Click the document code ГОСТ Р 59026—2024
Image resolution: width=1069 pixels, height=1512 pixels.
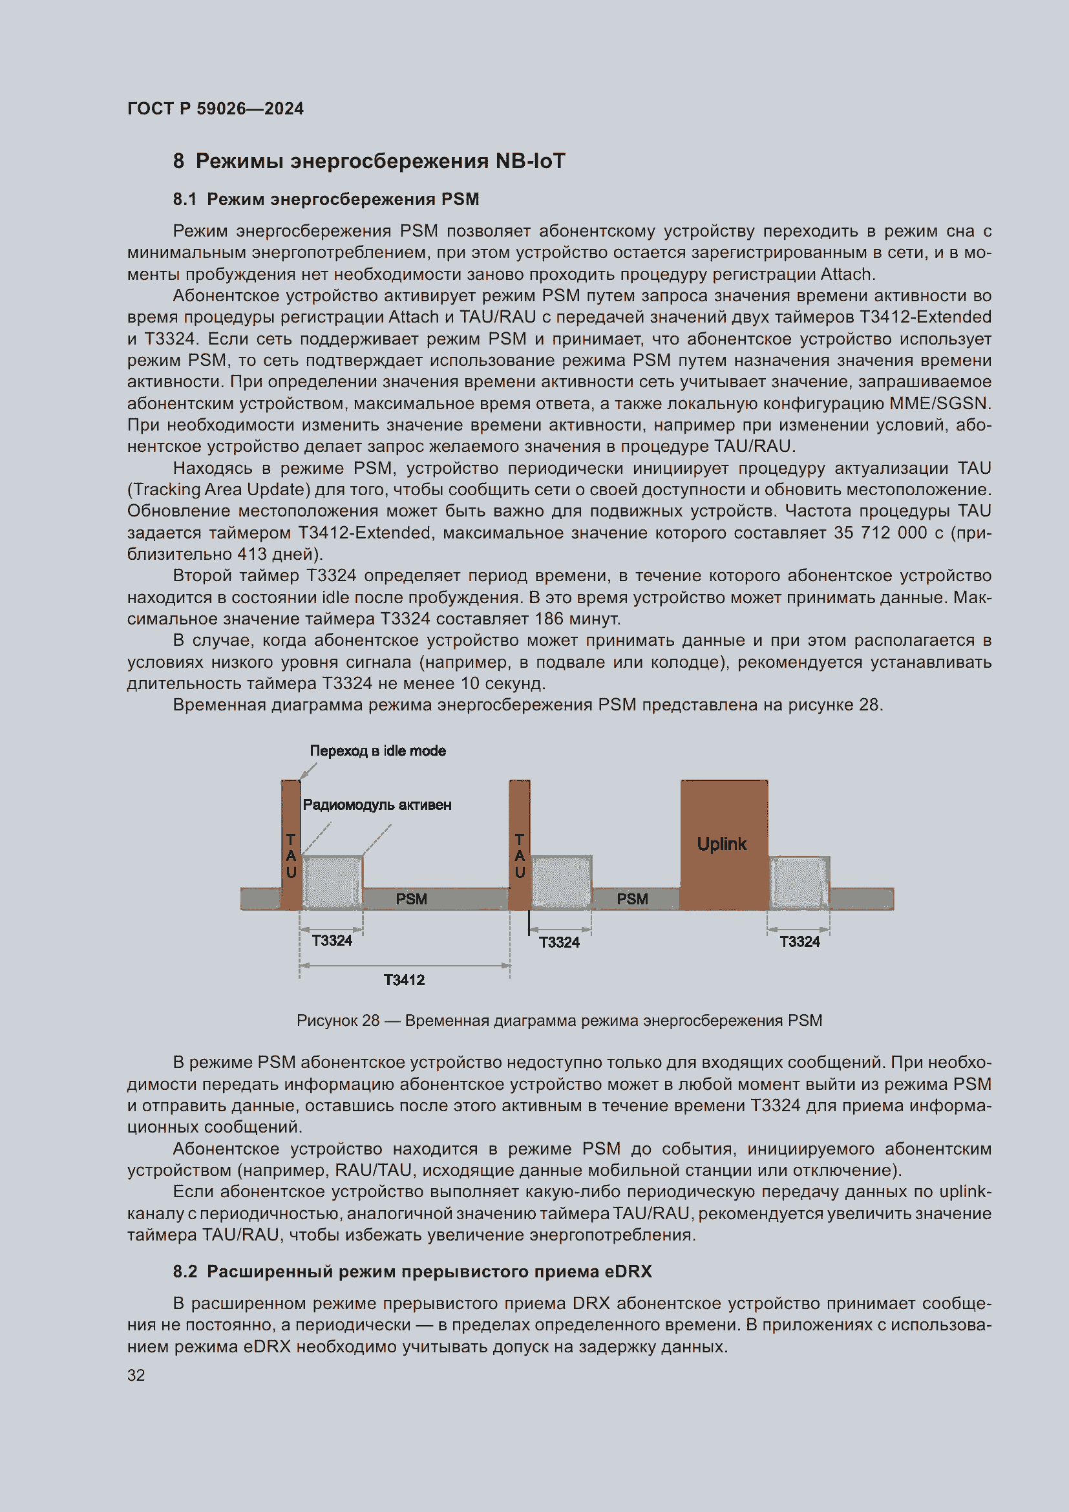point(215,109)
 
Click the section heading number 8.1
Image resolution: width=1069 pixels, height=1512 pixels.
point(184,200)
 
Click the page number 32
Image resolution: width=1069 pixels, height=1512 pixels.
point(136,1375)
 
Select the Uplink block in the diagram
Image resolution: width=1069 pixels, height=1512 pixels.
point(723,844)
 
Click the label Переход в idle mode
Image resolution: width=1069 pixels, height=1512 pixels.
point(378,751)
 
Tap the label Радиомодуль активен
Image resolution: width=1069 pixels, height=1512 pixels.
point(377,805)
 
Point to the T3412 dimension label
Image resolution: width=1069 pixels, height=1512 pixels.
point(404,980)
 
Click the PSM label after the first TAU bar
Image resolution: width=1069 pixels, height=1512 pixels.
point(412,899)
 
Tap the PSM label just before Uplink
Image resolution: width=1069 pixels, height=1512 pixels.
point(633,899)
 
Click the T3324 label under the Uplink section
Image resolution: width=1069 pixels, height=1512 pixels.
point(799,942)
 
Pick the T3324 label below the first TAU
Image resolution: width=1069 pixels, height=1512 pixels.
point(332,941)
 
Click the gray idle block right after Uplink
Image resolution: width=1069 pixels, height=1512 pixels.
point(799,882)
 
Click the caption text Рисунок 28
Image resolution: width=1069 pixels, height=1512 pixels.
point(337,1020)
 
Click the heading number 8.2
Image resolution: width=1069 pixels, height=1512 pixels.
point(185,1272)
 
